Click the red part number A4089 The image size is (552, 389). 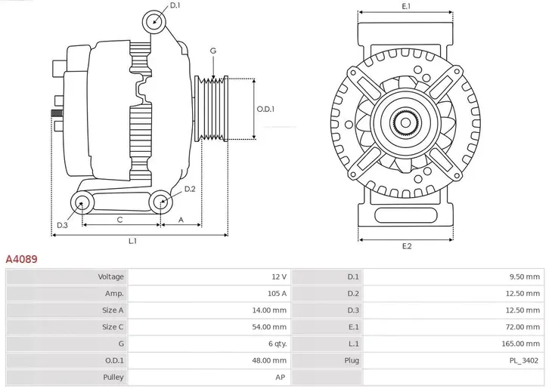pyautogui.click(x=22, y=258)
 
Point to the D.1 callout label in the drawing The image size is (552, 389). pyautogui.click(x=175, y=6)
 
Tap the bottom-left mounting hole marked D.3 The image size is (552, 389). pyautogui.click(x=82, y=202)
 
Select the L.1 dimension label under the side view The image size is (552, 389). pyautogui.click(x=132, y=242)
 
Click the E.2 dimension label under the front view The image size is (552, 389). pyautogui.click(x=406, y=247)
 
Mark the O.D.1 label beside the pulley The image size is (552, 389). pyautogui.click(x=265, y=109)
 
